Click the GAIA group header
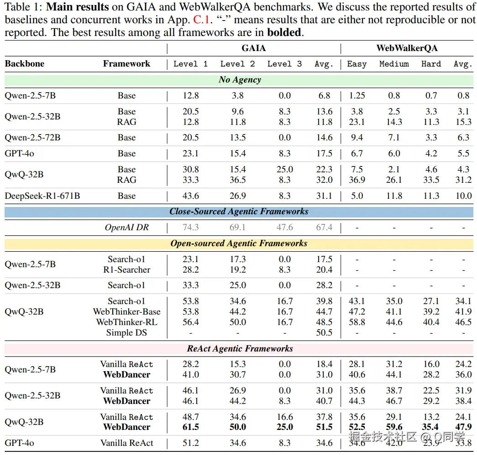click(253, 48)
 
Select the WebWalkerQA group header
click(407, 48)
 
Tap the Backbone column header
click(25, 64)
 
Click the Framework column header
click(126, 64)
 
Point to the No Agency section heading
click(240, 80)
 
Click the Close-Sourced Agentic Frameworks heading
click(239, 212)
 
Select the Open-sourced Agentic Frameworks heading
click(239, 243)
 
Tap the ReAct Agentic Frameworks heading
click(240, 349)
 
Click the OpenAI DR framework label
click(127, 227)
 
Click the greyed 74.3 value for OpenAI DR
click(190, 227)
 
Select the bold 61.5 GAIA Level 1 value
click(190, 427)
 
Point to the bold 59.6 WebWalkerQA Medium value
click(394, 427)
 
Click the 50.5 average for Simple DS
click(324, 333)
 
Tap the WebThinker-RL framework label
click(126, 322)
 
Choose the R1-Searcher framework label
click(126, 270)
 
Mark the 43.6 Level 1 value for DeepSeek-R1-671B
click(190, 196)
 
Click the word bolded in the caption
click(284, 33)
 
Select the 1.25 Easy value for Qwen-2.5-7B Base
click(356, 96)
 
